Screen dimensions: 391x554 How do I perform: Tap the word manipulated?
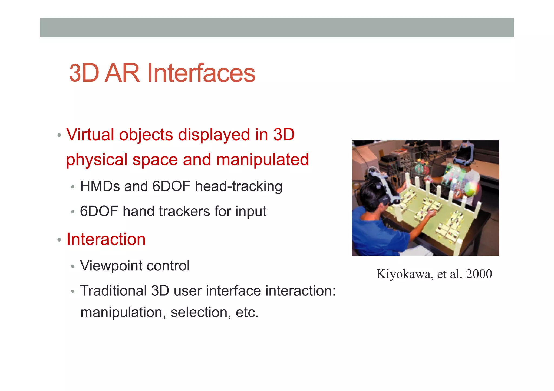tap(262, 159)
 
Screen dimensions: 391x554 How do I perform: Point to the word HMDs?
tap(100, 186)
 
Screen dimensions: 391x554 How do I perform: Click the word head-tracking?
tap(239, 186)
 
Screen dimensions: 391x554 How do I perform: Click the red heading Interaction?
tap(106, 239)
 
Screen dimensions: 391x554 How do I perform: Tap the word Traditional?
tap(113, 291)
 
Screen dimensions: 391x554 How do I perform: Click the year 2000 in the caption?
tap(479, 274)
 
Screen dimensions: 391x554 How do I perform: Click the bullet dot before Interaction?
tap(59, 240)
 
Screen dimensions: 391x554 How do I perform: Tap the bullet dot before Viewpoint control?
tap(72, 267)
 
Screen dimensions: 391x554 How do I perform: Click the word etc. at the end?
tap(247, 312)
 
